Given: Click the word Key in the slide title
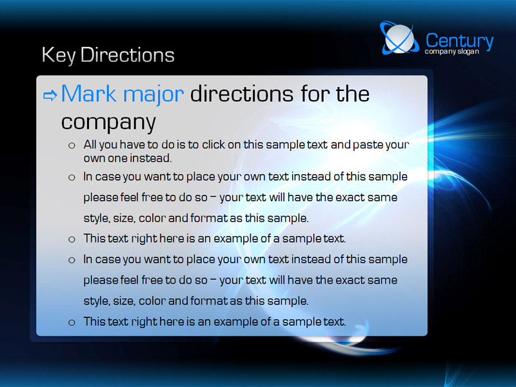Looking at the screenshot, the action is click(59, 55).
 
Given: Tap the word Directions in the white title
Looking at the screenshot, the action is click(127, 54).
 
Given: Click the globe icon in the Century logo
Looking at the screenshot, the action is click(399, 38).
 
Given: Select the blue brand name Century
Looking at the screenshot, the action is click(459, 41).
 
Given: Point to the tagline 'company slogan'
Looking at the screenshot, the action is click(452, 52).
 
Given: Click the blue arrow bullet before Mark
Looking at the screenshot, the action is click(50, 95).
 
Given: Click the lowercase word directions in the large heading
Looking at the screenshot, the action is click(242, 94).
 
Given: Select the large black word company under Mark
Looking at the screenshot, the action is click(108, 123).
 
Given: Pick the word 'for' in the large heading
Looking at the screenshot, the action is click(315, 94).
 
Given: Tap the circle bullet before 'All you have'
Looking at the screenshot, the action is click(72, 146).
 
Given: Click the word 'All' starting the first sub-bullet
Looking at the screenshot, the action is click(90, 144).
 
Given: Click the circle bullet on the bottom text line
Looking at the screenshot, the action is click(72, 322).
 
